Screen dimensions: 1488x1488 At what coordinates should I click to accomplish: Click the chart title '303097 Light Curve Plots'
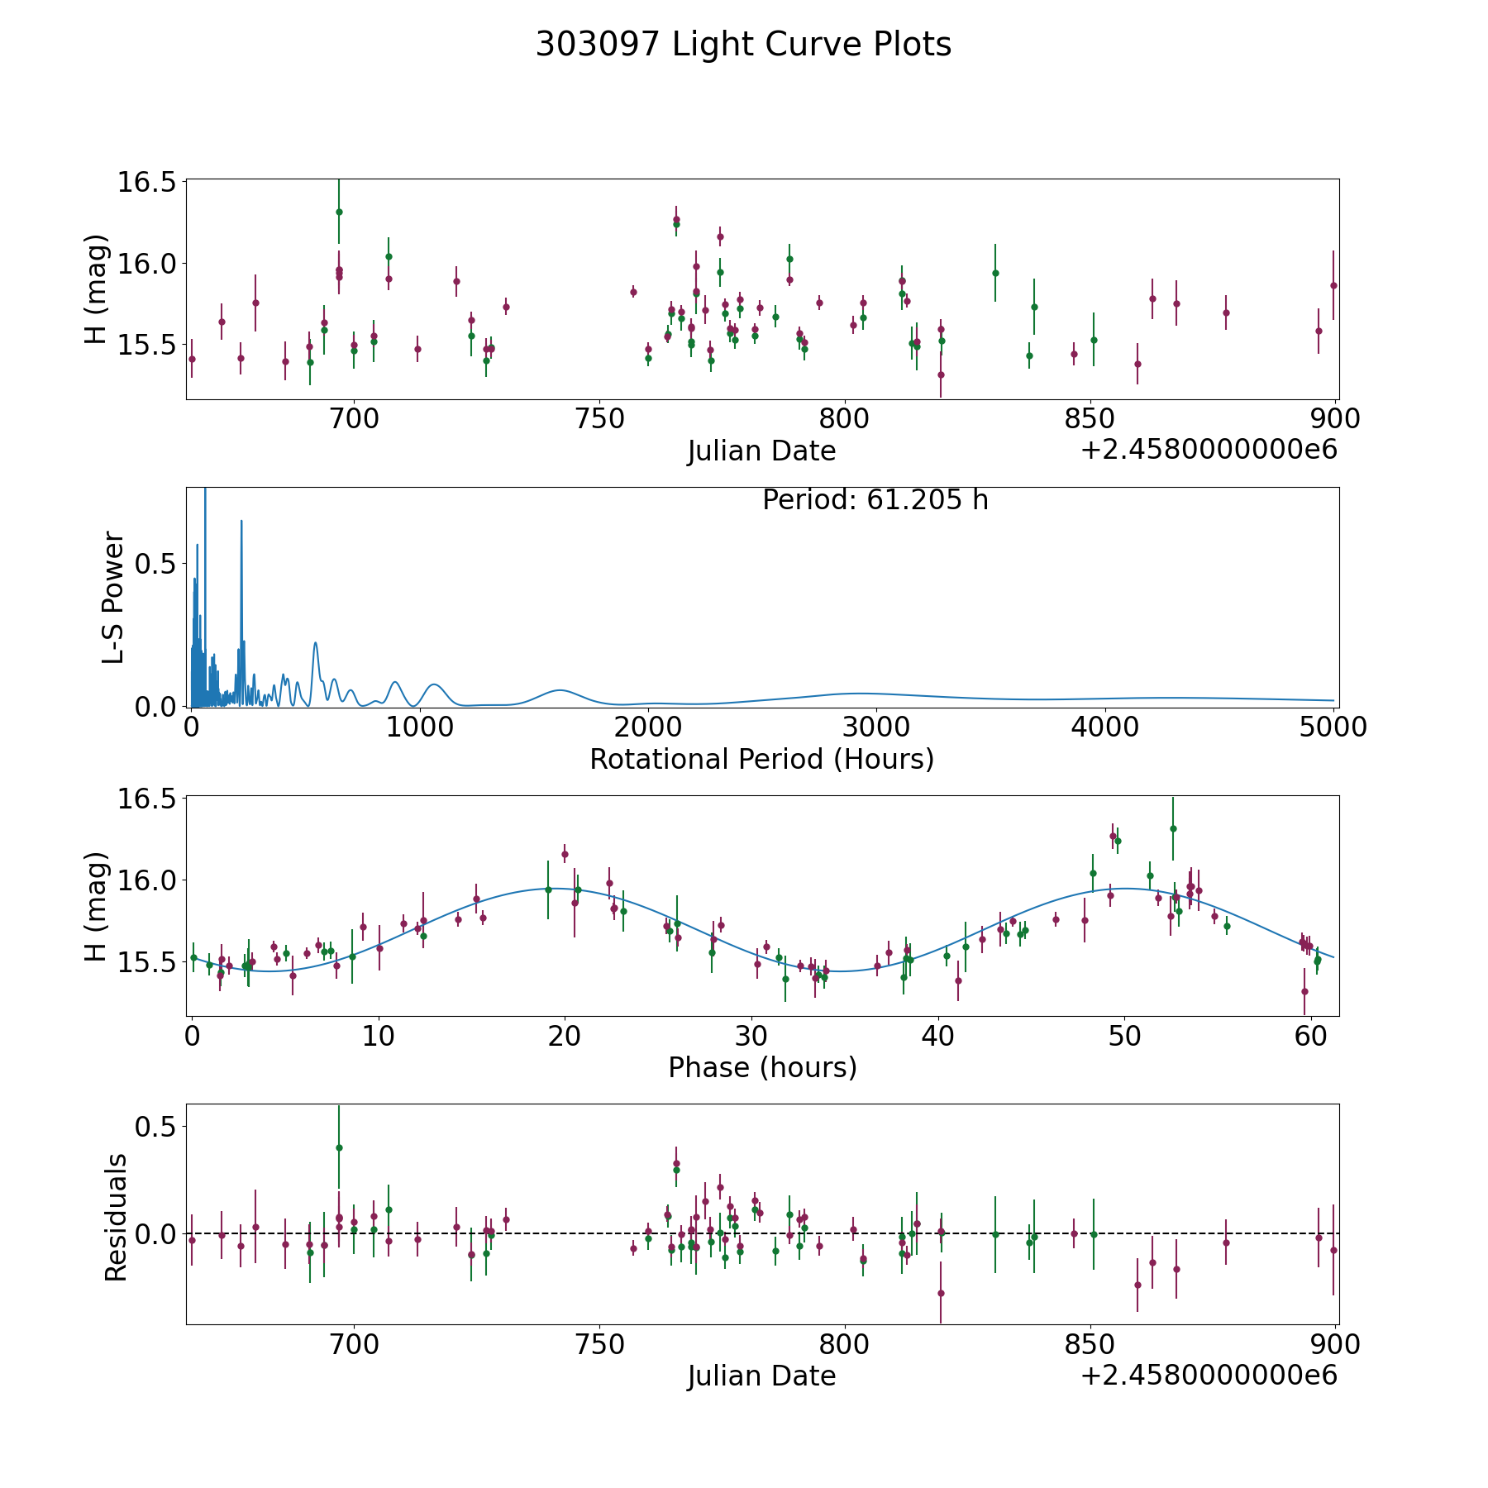click(x=743, y=45)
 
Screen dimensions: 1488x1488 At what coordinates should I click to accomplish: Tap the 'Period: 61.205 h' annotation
click(x=875, y=500)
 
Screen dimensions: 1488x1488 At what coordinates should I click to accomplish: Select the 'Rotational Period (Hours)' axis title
click(x=761, y=759)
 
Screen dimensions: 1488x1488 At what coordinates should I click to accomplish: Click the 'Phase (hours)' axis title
click(x=761, y=1067)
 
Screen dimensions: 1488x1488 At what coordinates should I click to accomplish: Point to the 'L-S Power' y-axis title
click(x=114, y=597)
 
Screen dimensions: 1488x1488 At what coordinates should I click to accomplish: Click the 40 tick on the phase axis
click(x=938, y=1036)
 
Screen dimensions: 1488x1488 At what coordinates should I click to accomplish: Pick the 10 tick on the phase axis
click(x=379, y=1036)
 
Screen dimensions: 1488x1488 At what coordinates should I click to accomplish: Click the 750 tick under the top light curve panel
click(x=599, y=419)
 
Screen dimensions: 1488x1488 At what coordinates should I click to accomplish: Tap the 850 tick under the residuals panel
click(x=1090, y=1344)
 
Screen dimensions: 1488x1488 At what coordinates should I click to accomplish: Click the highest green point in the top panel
click(x=339, y=212)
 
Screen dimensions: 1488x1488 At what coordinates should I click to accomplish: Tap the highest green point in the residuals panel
click(x=339, y=1147)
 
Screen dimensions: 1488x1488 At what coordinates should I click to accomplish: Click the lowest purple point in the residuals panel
click(x=941, y=1293)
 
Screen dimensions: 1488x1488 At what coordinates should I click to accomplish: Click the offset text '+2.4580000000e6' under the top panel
click(x=1209, y=450)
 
